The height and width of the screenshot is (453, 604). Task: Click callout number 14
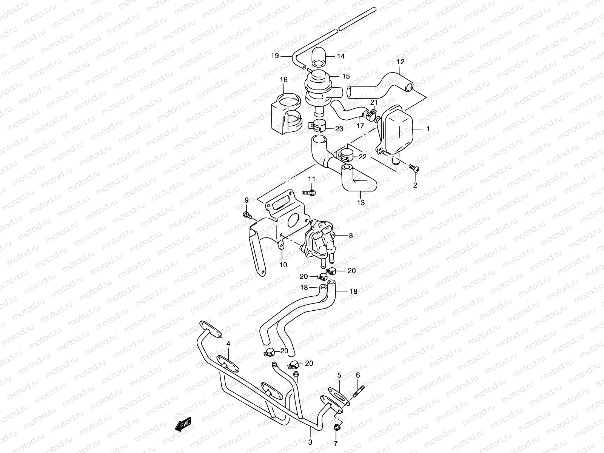click(341, 57)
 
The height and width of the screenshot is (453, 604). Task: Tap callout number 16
click(284, 80)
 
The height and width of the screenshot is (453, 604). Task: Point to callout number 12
click(401, 62)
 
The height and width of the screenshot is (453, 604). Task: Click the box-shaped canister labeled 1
click(396, 128)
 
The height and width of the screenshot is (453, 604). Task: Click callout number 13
click(361, 203)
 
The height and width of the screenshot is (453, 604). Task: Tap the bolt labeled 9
click(248, 215)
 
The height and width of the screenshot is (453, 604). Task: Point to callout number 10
click(283, 265)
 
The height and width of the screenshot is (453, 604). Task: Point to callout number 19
click(275, 56)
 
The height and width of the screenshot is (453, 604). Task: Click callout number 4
click(228, 344)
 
